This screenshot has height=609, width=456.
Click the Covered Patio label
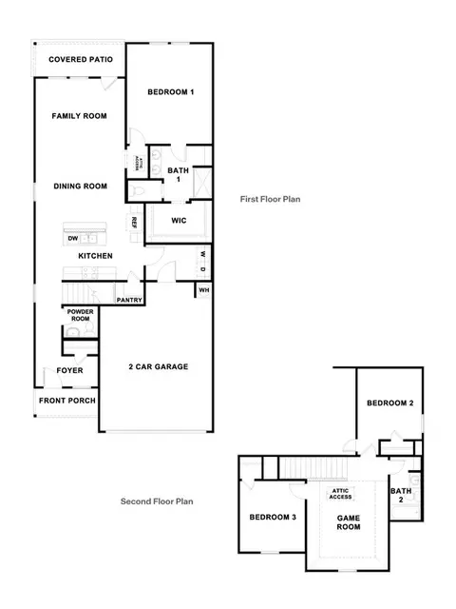click(x=81, y=59)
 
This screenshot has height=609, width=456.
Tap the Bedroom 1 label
click(x=171, y=92)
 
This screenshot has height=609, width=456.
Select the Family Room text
click(x=79, y=116)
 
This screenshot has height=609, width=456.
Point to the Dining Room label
click(x=80, y=187)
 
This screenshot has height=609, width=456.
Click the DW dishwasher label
click(x=73, y=239)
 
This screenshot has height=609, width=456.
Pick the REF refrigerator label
click(x=134, y=223)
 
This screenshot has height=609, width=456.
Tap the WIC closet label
click(x=179, y=221)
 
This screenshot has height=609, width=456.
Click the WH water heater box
click(x=203, y=290)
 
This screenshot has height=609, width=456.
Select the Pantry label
click(x=129, y=301)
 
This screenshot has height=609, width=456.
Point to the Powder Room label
click(x=80, y=315)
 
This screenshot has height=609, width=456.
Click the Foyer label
click(x=69, y=370)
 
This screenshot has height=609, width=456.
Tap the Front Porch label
click(x=67, y=401)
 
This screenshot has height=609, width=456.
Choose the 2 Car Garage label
click(x=159, y=366)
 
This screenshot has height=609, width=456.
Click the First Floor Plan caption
click(x=270, y=199)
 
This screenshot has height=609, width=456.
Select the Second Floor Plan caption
click(x=157, y=501)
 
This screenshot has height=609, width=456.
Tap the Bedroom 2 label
click(x=390, y=403)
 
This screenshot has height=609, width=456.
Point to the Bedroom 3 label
click(x=273, y=517)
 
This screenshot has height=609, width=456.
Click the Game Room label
click(x=349, y=522)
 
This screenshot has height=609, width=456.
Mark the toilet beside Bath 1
click(x=137, y=191)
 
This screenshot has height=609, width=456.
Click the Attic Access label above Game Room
click(x=340, y=494)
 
